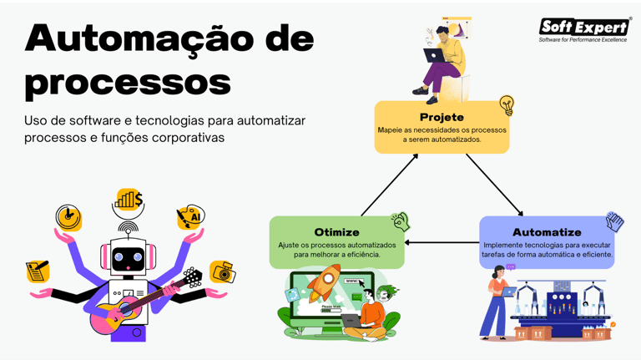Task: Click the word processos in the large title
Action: coord(128,83)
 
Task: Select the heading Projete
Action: coord(441,117)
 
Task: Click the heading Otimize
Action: coord(336,231)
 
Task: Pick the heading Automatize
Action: coord(547,231)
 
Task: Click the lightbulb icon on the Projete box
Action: coord(506,106)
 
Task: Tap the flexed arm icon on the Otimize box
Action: coord(401,221)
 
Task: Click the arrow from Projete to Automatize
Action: coord(494,185)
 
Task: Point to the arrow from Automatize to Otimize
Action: coord(442,244)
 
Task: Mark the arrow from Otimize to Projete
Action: coord(390,184)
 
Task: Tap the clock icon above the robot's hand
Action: coord(68,218)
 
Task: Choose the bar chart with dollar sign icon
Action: coord(129,200)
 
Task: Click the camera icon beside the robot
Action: coord(222,272)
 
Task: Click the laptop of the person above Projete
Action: coord(434,55)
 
